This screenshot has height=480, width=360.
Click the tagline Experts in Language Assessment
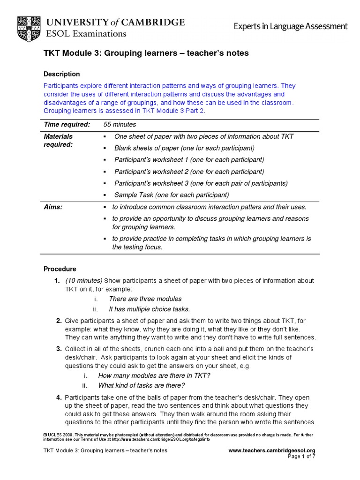tap(291, 27)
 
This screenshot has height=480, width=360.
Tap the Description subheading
tap(61, 74)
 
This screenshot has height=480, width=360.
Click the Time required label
tap(67, 124)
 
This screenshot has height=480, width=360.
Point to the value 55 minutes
tap(120, 124)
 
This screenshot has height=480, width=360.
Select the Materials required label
tap(59, 140)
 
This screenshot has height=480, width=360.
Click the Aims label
tap(53, 207)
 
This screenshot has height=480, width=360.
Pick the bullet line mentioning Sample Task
tap(171, 195)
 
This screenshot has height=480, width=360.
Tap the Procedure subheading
tap(60, 269)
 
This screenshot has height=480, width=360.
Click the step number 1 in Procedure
tap(56, 280)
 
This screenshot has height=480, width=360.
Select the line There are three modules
tap(145, 299)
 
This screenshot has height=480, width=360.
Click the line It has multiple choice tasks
tap(149, 309)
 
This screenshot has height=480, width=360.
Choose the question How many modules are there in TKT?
tap(154, 375)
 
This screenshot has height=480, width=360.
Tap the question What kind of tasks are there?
tap(141, 385)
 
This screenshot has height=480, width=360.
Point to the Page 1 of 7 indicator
tap(301, 457)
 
